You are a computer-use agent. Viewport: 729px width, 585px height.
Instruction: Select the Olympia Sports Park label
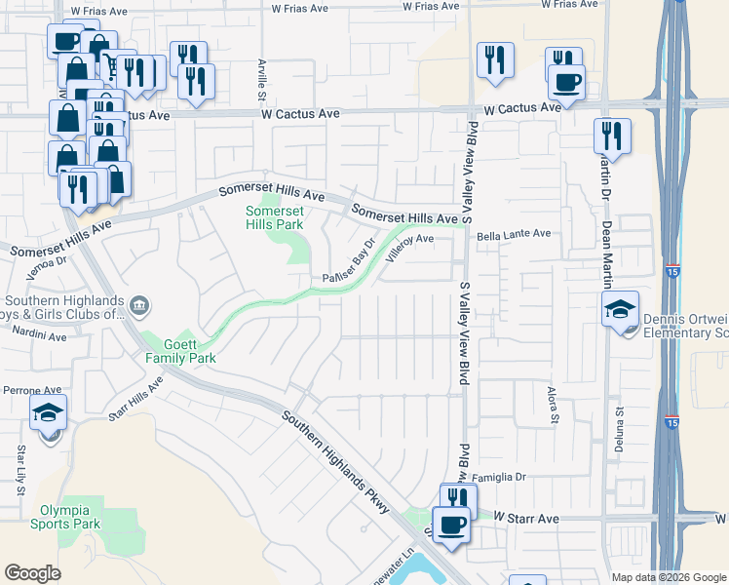click(x=70, y=517)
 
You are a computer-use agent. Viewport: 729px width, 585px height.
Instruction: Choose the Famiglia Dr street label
click(x=499, y=477)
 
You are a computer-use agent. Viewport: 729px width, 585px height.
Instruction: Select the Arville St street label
click(x=261, y=81)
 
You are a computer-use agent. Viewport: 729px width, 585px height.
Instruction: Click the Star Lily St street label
click(x=20, y=469)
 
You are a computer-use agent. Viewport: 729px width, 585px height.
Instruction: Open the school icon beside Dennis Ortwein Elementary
click(x=621, y=310)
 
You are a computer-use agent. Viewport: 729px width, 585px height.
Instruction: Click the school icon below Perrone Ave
click(x=49, y=413)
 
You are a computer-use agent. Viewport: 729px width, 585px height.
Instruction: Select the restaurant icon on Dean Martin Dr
click(x=612, y=136)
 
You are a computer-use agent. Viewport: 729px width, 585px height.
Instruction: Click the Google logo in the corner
click(x=32, y=573)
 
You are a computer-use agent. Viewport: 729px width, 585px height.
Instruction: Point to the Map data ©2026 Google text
click(x=669, y=577)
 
